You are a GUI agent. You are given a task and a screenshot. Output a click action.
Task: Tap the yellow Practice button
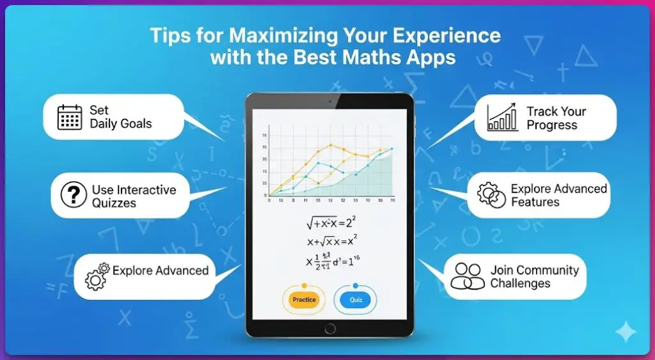pos(304,299)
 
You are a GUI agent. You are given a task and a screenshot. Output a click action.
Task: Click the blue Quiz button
pos(356,299)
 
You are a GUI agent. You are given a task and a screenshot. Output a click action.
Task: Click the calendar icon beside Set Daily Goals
pos(70,117)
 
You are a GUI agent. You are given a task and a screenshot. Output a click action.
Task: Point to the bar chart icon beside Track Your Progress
pos(503,118)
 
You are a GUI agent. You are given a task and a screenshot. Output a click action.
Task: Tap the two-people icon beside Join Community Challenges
pos(467,276)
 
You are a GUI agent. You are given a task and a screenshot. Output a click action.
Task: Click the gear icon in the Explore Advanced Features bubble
pos(491,196)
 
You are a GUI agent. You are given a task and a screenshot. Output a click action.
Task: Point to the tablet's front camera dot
pos(329,101)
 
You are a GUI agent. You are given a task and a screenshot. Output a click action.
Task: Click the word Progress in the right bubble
pos(551,125)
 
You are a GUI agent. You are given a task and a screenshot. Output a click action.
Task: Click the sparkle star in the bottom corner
pos(625,333)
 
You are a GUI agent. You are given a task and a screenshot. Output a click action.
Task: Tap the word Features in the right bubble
pos(535,202)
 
